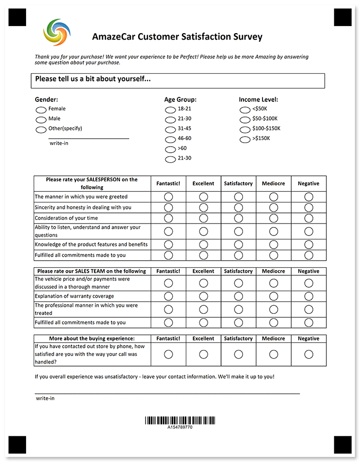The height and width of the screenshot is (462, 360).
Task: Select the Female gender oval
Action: tap(41, 110)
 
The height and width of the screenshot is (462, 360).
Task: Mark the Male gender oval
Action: tap(41, 120)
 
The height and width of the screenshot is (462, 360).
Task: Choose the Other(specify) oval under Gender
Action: tap(41, 130)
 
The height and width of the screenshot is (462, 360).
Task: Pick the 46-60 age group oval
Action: tap(170, 140)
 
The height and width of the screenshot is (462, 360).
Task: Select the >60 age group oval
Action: tap(170, 150)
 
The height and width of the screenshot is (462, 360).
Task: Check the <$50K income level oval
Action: tap(245, 110)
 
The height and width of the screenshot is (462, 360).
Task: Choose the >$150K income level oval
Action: tap(245, 140)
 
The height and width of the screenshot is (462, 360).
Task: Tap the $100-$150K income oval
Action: tap(245, 130)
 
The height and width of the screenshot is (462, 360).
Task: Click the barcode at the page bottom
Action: tap(180, 420)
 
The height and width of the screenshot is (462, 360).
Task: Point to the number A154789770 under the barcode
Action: tap(180, 427)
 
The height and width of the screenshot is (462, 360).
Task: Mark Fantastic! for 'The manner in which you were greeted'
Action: tap(168, 197)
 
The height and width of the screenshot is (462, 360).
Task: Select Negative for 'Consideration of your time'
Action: tap(308, 218)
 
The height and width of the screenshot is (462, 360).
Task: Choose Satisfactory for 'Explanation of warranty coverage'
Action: tap(238, 296)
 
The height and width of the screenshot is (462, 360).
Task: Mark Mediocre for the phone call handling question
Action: tap(273, 354)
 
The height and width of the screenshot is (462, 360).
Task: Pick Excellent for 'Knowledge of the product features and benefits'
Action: tap(203, 245)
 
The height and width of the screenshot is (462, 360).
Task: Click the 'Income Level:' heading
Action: tap(258, 99)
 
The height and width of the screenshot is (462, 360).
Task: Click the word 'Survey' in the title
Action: tap(247, 37)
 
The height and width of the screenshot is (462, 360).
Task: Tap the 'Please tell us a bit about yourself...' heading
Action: tap(93, 79)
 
